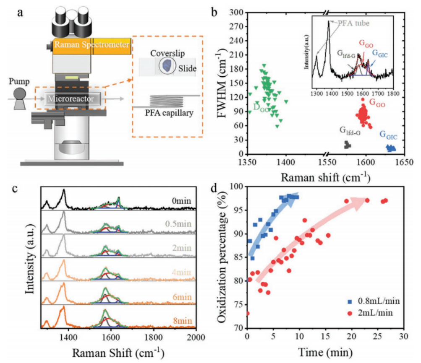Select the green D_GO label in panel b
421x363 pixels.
click(x=261, y=107)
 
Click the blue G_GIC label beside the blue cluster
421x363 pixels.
click(x=388, y=135)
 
